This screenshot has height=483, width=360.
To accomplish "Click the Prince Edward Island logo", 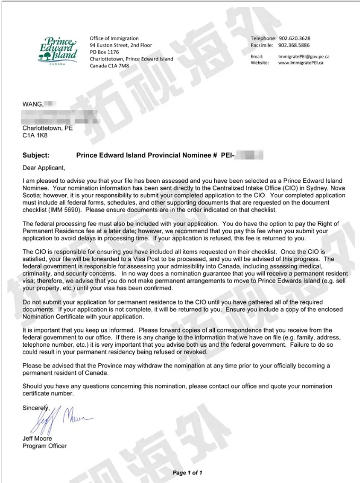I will point(57,50).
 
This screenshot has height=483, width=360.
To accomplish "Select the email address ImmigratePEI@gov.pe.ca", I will point(304,56).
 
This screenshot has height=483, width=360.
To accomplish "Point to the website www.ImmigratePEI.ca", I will point(301,63).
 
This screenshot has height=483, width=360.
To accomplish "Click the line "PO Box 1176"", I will point(104,52).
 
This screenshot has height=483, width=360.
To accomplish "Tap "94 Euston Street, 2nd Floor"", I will point(121,45).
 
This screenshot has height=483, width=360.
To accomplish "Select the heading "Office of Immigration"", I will point(114,38).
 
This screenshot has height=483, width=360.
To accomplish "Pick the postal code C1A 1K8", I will point(36,136).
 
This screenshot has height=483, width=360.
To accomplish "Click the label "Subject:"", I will point(36,155).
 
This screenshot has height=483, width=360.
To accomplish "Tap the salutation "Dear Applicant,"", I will point(43,168).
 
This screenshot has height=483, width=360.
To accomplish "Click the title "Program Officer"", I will point(45,446).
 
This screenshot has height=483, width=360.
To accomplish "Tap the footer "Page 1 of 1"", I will point(187,472).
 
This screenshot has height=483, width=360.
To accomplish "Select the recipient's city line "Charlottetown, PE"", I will point(48,128).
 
